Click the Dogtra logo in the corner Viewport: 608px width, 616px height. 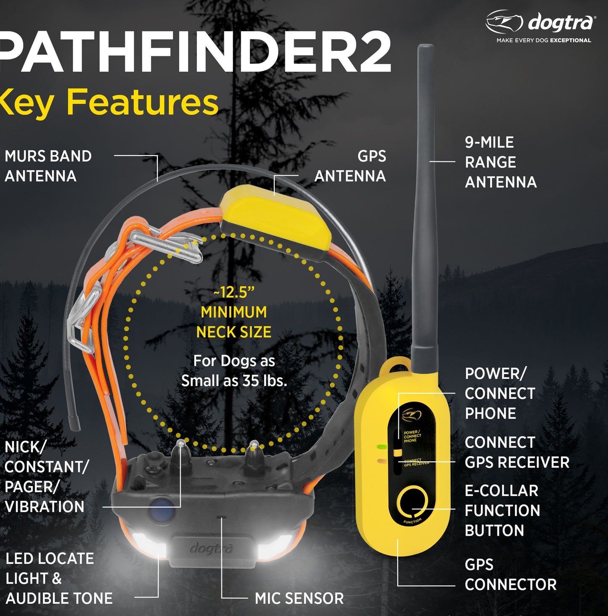(x=541, y=22)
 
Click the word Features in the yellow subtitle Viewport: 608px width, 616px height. (x=142, y=102)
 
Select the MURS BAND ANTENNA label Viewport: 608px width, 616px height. (x=48, y=166)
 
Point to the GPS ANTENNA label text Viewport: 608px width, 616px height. (x=350, y=166)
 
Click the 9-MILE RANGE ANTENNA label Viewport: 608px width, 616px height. (x=501, y=162)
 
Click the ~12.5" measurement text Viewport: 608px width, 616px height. (x=234, y=293)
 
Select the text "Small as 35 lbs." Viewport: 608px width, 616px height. (x=234, y=381)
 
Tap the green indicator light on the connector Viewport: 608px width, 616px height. (x=382, y=447)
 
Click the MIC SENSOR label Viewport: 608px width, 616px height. (x=299, y=598)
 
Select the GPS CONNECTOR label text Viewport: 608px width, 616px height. (x=511, y=574)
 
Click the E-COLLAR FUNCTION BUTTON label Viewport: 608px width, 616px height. (x=502, y=510)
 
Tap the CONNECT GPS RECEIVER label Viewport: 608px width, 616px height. (x=517, y=452)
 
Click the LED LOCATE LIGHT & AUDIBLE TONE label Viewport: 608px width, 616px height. (x=59, y=579)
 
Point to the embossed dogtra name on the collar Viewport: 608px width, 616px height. (x=211, y=549)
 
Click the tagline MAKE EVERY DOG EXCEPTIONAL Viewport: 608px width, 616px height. (x=544, y=40)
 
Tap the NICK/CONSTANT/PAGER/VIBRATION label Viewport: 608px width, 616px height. (x=47, y=477)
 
